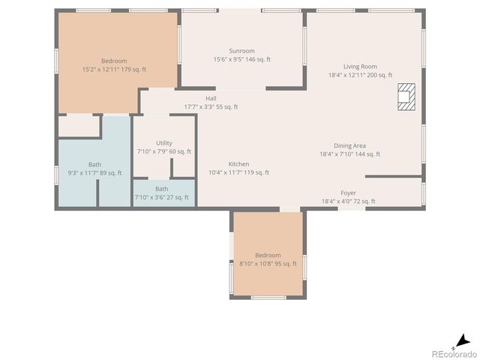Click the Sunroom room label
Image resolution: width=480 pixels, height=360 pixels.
pos(241,51)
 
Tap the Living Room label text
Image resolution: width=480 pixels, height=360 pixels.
pos(360,67)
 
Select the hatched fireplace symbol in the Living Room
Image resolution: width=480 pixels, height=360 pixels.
pos(406,96)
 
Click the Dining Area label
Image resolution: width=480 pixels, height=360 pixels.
pos(349,146)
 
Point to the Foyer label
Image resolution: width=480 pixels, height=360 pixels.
pos(348,193)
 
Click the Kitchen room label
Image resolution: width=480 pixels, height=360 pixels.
pos(238,164)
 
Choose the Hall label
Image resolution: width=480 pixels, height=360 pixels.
pos(211,98)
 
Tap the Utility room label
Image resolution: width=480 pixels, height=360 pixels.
pos(163,143)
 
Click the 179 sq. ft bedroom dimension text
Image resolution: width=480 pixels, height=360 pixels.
pos(114,70)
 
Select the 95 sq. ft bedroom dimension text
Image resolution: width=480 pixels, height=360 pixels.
pos(267,264)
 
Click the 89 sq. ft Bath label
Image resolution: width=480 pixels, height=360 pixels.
pos(94,164)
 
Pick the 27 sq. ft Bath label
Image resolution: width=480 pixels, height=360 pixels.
pos(161,189)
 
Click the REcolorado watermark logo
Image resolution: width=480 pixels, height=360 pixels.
pos(452,353)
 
